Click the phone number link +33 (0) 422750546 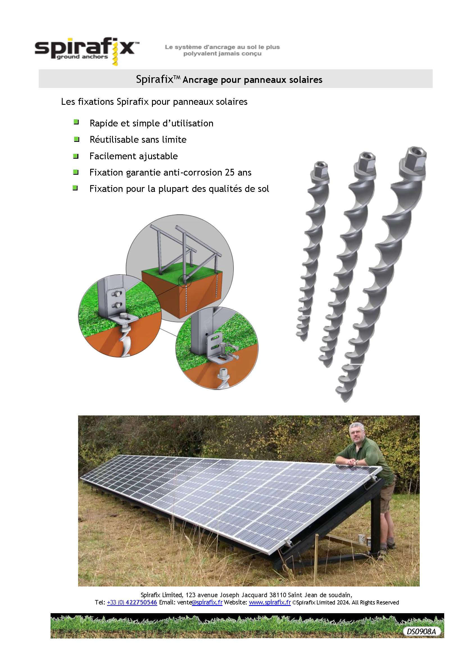pos(132,602)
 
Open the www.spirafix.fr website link pos(270,602)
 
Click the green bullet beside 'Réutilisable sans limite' pos(76,139)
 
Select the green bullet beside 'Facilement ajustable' pos(76,156)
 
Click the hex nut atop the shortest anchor pos(321,168)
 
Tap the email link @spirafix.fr pos(207,602)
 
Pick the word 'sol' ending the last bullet pos(263,189)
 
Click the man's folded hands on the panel pos(354,462)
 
